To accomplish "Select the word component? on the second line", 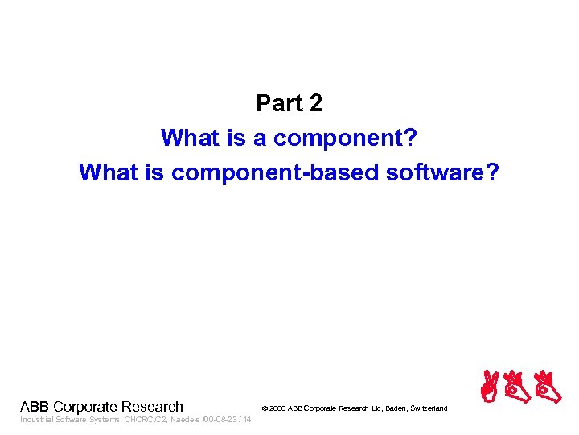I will pyautogui.click(x=345, y=138).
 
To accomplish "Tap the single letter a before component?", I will pyautogui.click(x=260, y=138).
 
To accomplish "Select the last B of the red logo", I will pyautogui.click(x=548, y=387).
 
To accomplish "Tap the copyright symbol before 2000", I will pyautogui.click(x=265, y=409).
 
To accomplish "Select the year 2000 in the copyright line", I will pyautogui.click(x=277, y=409).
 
